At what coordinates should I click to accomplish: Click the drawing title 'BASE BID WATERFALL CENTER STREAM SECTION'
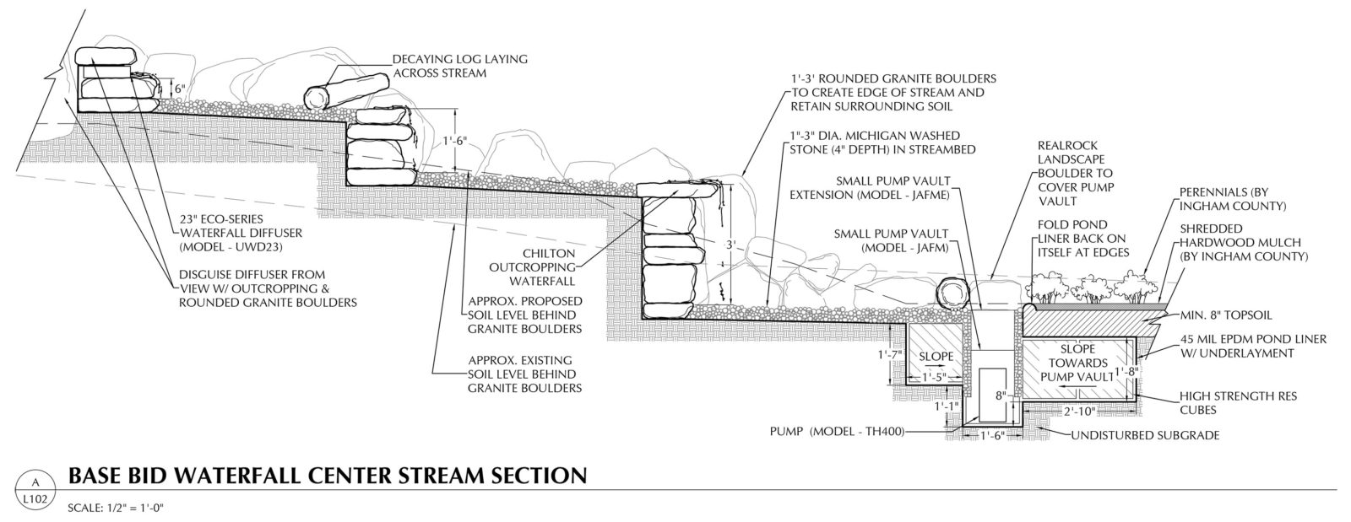(x=326, y=476)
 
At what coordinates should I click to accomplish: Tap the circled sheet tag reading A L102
(x=35, y=490)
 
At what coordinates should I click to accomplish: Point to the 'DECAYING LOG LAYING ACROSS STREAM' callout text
(x=459, y=66)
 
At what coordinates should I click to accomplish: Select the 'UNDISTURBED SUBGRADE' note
(x=1145, y=436)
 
